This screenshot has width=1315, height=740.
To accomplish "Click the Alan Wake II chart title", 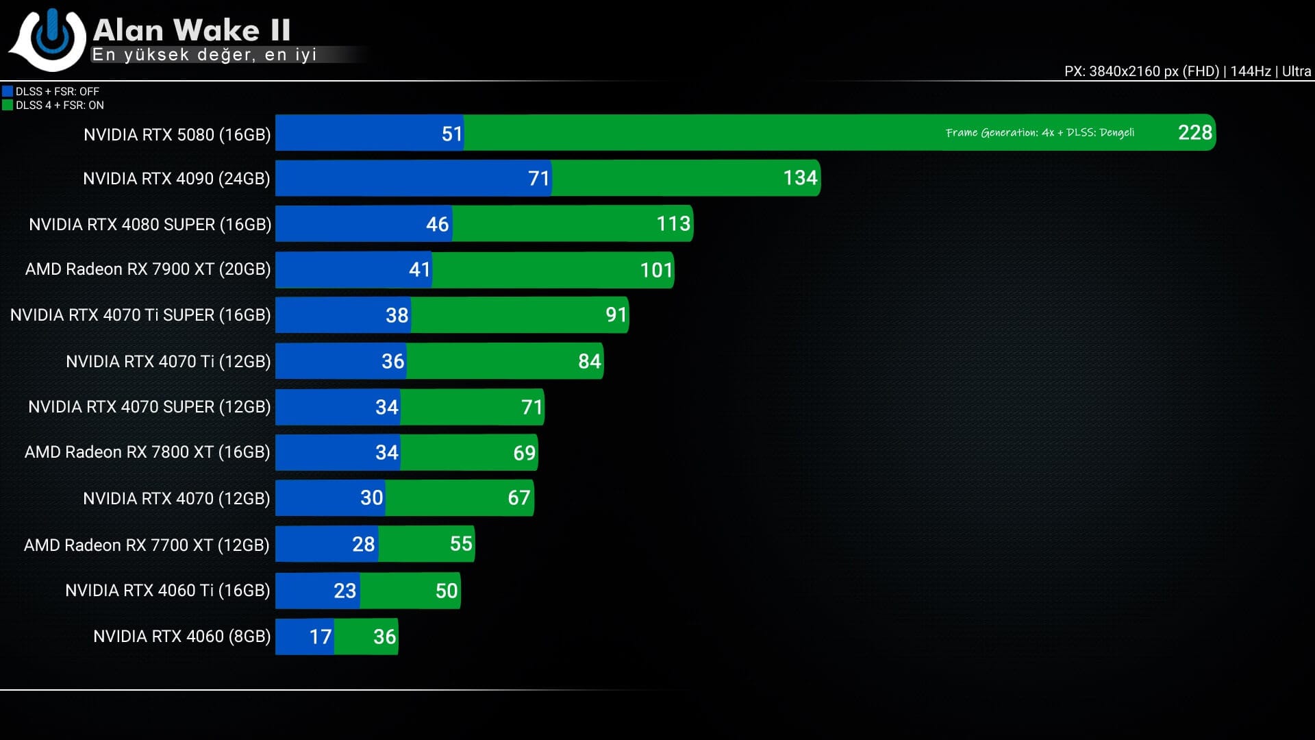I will [x=192, y=30].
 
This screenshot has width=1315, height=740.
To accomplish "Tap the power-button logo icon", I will [x=50, y=38].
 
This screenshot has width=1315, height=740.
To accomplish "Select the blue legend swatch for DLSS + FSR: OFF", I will [x=8, y=91].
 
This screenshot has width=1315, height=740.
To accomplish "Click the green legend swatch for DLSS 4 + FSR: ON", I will [x=8, y=105].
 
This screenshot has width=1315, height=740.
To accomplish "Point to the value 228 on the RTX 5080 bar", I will [x=1194, y=132].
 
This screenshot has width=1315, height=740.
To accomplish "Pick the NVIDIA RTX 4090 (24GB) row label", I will [x=176, y=178].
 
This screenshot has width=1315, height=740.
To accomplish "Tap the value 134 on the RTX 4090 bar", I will [x=800, y=178].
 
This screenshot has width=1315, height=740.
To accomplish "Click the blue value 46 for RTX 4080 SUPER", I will [x=437, y=224].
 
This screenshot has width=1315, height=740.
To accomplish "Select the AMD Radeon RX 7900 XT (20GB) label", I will [x=148, y=269].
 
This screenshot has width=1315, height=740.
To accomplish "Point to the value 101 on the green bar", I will [x=656, y=270].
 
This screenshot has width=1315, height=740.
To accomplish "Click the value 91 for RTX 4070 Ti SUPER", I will [x=616, y=315].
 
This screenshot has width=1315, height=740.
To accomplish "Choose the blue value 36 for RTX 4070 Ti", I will [x=392, y=361].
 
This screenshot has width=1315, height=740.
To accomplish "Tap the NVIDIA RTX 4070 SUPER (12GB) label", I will [x=149, y=407].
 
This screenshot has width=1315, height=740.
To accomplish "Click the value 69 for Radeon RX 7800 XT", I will [x=524, y=453].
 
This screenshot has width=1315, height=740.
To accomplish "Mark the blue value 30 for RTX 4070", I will [x=371, y=497].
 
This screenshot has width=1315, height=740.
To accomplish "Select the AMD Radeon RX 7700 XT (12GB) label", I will [x=147, y=545].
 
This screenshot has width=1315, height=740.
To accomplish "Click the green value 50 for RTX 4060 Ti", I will [x=446, y=591].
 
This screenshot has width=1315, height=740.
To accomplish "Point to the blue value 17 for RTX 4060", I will [x=320, y=637].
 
